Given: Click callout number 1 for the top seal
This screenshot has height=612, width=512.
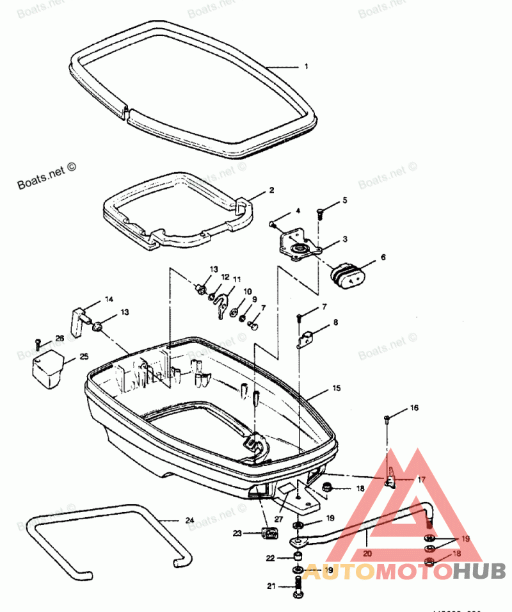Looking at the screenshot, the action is (306, 67).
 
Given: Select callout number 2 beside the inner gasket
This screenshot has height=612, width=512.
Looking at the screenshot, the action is (271, 190).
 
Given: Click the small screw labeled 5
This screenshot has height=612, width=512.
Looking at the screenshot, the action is (320, 214).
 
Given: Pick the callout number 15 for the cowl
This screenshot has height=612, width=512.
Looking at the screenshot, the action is (337, 388).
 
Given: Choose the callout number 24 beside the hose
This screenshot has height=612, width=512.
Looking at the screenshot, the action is (189, 520).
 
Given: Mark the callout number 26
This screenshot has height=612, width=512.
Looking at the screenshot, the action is (60, 338).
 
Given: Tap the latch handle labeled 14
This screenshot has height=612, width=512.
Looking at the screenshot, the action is (77, 320).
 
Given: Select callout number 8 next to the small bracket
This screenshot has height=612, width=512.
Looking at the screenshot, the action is (335, 323).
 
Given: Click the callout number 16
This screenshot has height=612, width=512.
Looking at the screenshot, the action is (414, 407).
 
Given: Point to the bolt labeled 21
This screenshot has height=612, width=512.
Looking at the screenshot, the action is (298, 586).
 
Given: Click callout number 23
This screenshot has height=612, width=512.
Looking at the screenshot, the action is (237, 532).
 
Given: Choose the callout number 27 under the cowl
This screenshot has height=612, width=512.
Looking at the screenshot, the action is (278, 519).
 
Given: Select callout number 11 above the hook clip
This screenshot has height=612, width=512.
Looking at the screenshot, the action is (237, 279).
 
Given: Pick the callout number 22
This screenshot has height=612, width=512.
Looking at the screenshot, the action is (271, 558).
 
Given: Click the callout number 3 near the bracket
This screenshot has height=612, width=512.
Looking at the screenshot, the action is (344, 239).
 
